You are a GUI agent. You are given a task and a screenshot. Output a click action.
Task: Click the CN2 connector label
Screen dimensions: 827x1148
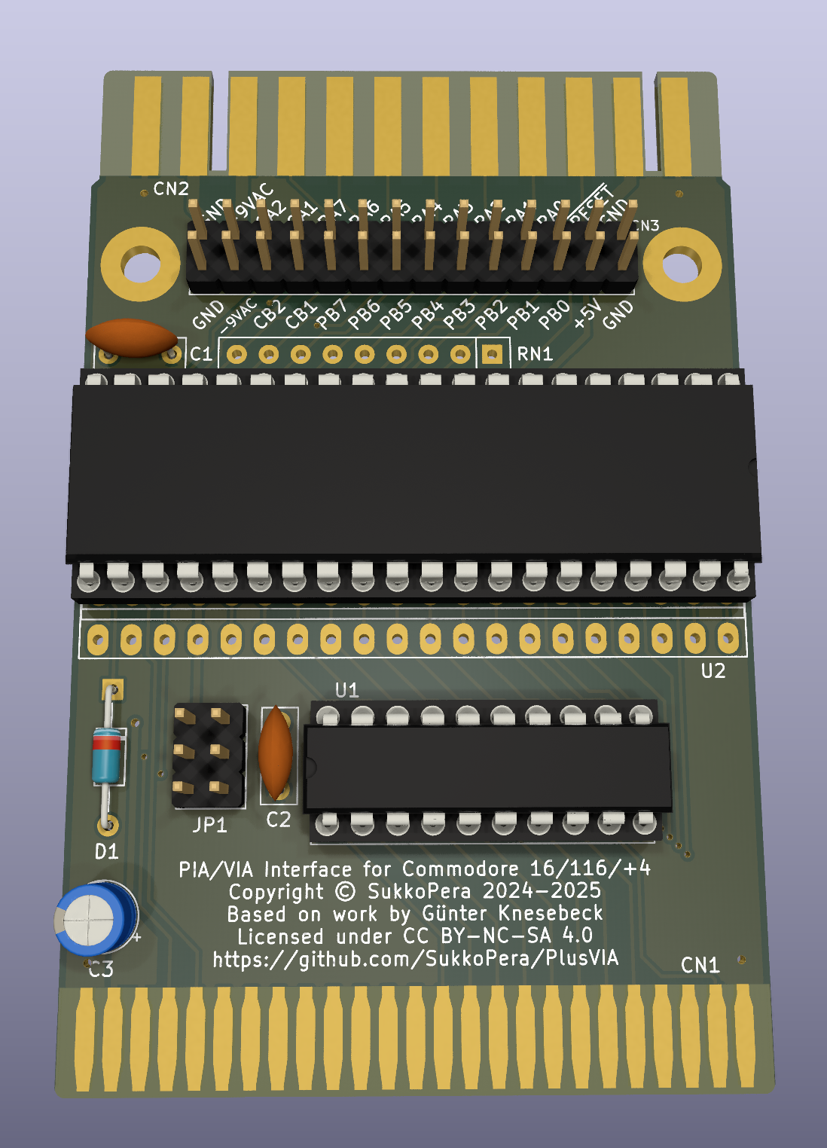tap(171, 188)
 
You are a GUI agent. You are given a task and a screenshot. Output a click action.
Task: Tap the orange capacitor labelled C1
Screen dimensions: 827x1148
tap(131, 337)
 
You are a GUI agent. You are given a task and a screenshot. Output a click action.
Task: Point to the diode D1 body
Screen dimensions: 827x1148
tap(106, 755)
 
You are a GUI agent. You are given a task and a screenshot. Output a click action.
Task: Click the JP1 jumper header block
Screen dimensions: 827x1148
tap(209, 756)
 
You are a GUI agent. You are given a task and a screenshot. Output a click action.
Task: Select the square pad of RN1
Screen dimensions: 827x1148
tap(492, 354)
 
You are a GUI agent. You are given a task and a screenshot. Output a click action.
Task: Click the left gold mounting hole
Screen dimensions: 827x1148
tap(142, 266)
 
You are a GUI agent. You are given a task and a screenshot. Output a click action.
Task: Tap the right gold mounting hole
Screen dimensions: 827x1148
tap(682, 266)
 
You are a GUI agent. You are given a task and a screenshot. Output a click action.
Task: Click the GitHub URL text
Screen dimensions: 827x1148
tap(415, 959)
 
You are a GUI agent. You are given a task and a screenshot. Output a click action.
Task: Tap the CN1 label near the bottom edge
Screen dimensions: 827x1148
tap(700, 965)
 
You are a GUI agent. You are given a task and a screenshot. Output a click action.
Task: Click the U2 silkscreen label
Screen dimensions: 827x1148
tap(713, 670)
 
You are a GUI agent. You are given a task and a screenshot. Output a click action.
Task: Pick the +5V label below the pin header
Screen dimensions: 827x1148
tap(587, 313)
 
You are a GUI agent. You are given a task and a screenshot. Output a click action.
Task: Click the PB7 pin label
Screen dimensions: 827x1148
tap(331, 314)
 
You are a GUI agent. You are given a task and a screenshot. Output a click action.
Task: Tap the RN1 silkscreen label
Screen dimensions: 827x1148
tap(535, 354)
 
